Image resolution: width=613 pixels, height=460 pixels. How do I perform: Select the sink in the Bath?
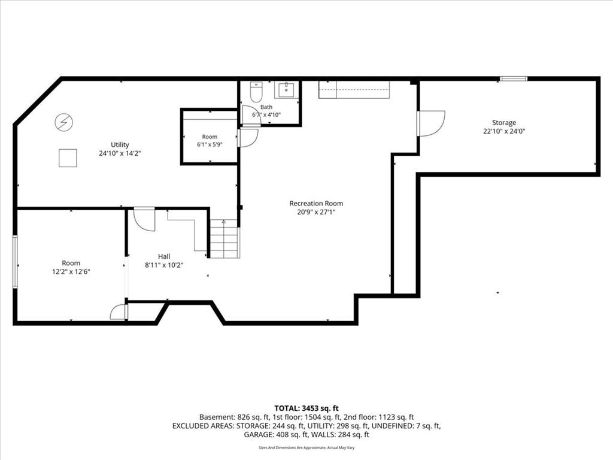point(286,90)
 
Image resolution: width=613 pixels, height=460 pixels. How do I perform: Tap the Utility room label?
point(120,145)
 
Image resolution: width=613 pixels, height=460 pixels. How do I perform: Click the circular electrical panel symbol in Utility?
point(63,122)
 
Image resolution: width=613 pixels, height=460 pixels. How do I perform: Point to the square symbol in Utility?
point(68,158)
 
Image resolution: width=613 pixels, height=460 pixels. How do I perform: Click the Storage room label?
point(504,122)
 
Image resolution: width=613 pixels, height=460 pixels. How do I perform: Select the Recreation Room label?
point(316,204)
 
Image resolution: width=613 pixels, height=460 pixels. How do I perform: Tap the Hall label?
point(164,256)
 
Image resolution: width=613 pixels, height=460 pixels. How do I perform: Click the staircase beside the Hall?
point(224,238)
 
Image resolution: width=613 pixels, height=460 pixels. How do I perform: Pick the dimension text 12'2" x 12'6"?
point(71,271)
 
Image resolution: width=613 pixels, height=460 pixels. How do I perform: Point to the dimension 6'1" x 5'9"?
point(210,144)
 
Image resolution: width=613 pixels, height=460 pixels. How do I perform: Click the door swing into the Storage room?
point(431,123)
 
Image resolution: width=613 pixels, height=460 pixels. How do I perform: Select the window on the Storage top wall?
point(513,78)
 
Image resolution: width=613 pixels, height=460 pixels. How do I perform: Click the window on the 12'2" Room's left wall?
point(15,262)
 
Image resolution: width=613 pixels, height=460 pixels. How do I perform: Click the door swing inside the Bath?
point(251,115)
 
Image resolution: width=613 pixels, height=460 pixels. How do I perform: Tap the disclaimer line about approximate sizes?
point(306,447)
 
